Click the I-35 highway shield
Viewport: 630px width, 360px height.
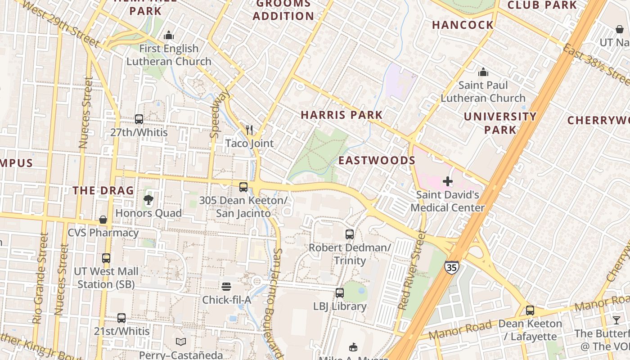[x=452, y=267]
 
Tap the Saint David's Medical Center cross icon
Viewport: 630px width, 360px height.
[x=448, y=181]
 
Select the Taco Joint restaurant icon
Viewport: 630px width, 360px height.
[x=249, y=130]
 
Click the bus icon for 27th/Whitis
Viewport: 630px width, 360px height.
[x=139, y=119]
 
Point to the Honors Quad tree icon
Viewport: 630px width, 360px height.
[x=148, y=200]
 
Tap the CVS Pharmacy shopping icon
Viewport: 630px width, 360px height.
[x=103, y=220]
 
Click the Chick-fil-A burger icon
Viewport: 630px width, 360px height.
[x=226, y=287]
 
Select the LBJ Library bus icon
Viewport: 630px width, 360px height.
[x=340, y=293]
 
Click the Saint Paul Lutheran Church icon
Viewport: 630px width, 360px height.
[x=483, y=72]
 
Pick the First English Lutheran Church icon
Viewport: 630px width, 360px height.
[x=169, y=35]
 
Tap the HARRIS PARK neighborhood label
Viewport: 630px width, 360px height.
[x=342, y=115]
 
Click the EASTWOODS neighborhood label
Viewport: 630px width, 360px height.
[x=377, y=161]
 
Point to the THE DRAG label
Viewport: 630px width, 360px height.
[x=103, y=190]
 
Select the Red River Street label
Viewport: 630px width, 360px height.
[x=412, y=270]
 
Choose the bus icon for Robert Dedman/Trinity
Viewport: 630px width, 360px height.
[x=350, y=234]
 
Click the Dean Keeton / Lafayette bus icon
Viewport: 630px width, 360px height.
[x=530, y=310]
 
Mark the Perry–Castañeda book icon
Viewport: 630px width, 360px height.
[x=181, y=342]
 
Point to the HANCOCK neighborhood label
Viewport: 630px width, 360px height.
[x=463, y=25]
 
